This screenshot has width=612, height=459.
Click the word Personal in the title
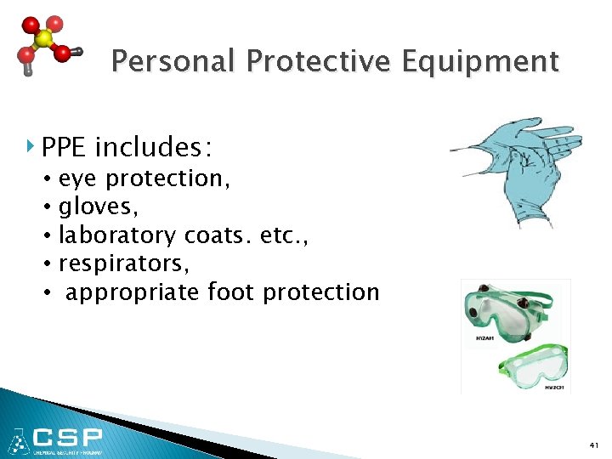coord(173,62)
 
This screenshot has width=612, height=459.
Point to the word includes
coord(154,149)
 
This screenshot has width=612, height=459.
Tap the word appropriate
coord(133,293)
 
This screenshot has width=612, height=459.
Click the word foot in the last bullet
coord(232,292)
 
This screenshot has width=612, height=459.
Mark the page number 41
coord(593,445)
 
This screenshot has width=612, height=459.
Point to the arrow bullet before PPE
coord(31,149)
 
